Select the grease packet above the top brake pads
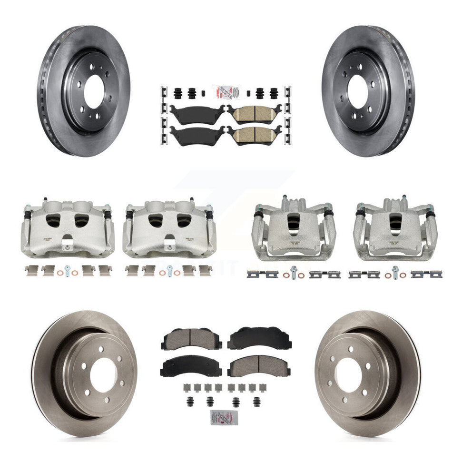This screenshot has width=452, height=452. tap(225, 91)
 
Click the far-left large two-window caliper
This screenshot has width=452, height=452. tap(67, 227)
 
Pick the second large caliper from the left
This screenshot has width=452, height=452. tap(169, 227)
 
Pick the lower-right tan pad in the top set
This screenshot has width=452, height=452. tap(254, 135)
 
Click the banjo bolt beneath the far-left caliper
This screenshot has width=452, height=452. tap(68, 273)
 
